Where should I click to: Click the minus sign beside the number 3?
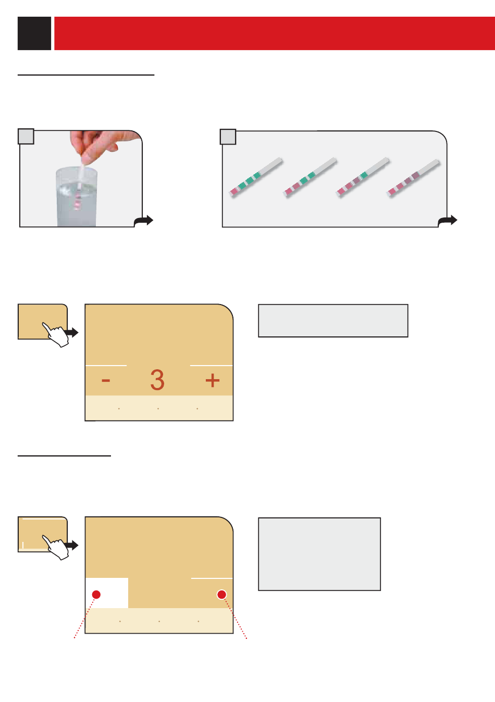pos(106,380)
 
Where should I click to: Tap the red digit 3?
pos(157,380)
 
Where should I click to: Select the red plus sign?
pos(212,380)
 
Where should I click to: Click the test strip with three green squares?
pos(256,177)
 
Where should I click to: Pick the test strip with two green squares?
pos(310,177)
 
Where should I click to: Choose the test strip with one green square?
pos(363,177)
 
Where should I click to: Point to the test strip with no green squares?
pos(413,178)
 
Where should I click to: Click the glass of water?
pos(77,197)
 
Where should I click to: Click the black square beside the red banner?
pos(34,33)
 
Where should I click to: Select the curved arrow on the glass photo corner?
pos(143,221)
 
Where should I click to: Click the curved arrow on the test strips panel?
pos(448,221)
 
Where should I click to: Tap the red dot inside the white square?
pos(96,595)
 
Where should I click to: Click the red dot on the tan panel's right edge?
pos(221,595)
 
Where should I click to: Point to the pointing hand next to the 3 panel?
pos(56,335)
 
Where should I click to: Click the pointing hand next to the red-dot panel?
pos(56,548)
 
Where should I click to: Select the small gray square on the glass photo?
pos(26,136)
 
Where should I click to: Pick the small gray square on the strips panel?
pos(228,137)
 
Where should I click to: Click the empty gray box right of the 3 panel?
pos(333,321)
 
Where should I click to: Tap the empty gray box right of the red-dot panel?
pos(319,554)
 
